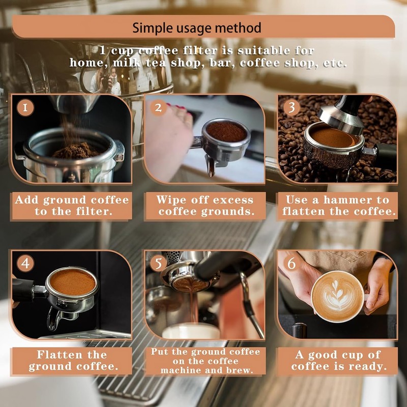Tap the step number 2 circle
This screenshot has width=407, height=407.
tap(159, 108)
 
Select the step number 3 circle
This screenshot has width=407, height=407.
tap(291, 107)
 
